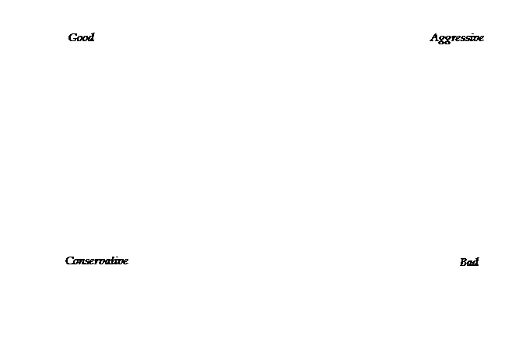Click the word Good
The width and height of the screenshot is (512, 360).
click(81, 37)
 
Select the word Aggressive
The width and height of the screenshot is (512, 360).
click(457, 39)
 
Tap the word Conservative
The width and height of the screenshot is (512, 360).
click(96, 260)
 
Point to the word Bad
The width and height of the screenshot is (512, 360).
click(469, 262)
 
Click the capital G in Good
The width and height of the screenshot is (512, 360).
click(72, 37)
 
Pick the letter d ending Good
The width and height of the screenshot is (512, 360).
click(91, 37)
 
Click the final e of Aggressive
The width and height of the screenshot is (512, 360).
click(481, 39)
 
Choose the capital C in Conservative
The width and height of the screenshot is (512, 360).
click(70, 260)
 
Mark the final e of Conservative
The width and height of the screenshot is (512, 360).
click(126, 262)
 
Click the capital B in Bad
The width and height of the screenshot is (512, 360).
click(464, 262)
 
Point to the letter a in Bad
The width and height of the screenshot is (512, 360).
click(470, 263)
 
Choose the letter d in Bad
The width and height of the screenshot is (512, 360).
click(475, 262)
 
